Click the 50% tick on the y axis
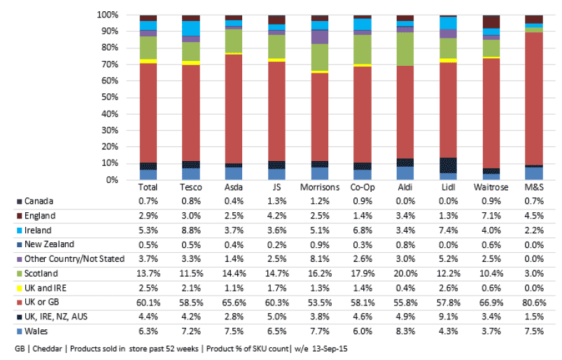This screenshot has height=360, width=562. pyautogui.click(x=110, y=97)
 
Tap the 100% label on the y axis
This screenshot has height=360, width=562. pyautogui.click(x=107, y=15)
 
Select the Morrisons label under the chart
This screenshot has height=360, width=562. pyautogui.click(x=320, y=187)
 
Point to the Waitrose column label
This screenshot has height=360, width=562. pyautogui.click(x=491, y=187)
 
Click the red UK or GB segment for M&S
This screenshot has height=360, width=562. pyautogui.click(x=534, y=99)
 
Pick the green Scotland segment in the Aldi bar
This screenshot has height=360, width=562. pyautogui.click(x=405, y=49)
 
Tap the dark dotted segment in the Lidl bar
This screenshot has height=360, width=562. pyautogui.click(x=448, y=165)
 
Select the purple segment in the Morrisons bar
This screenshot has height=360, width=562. pyautogui.click(x=320, y=37)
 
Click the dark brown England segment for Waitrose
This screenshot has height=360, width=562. pyautogui.click(x=491, y=22)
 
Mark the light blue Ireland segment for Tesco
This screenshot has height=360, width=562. pyautogui.click(x=190, y=28)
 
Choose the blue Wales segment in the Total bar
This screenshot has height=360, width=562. pyautogui.click(x=148, y=174)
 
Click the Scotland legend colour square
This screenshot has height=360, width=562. pyautogui.click(x=20, y=274)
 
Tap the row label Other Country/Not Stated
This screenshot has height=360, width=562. pyautogui.click(x=75, y=259)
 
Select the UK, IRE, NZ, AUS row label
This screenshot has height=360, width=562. pyautogui.click(x=56, y=317)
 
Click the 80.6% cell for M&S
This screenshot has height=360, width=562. pyautogui.click(x=534, y=303)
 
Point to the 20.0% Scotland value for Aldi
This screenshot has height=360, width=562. pyautogui.click(x=405, y=274)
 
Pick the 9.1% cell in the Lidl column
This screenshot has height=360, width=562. pyautogui.click(x=449, y=317)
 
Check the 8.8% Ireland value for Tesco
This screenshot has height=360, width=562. pyautogui.click(x=191, y=230)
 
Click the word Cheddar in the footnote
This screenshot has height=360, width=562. pyautogui.click(x=48, y=349)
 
